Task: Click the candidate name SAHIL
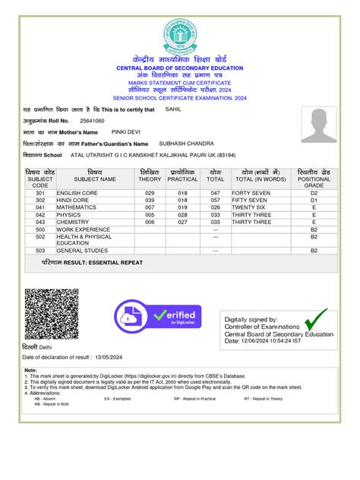point(175,109)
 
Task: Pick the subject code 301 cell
point(40,194)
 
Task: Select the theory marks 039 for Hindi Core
point(150,201)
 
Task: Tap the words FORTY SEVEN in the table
point(251,194)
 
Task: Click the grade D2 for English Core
point(314,194)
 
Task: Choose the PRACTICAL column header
point(183,179)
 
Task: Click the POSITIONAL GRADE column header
point(314,180)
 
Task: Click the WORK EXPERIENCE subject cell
point(84,229)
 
